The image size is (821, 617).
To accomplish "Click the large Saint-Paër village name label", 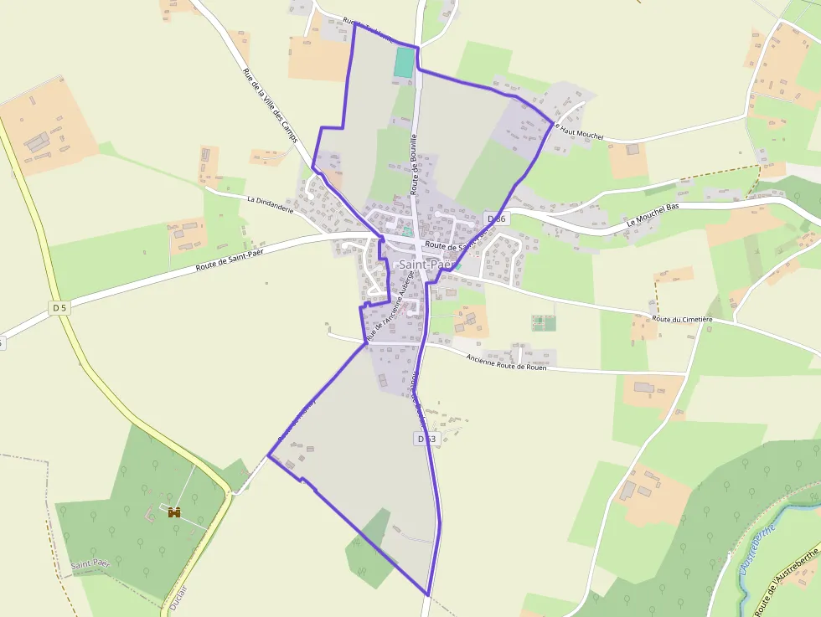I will coord(425,265).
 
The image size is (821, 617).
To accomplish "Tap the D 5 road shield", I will coord(58,308).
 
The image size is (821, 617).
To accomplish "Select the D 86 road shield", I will coord(497,219).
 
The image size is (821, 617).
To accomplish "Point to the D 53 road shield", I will coord(426,439).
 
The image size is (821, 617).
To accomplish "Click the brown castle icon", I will coord(174,512).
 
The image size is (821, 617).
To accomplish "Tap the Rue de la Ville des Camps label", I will coord(271,105).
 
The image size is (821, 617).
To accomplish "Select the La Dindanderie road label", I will coord(271,204).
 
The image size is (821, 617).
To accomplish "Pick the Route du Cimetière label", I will coord(682,319).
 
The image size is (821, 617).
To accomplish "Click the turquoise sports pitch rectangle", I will coord(405,63).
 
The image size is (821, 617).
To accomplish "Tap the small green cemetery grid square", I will coord(544,322).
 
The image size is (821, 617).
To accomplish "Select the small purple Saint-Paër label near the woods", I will coord(90,564).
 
